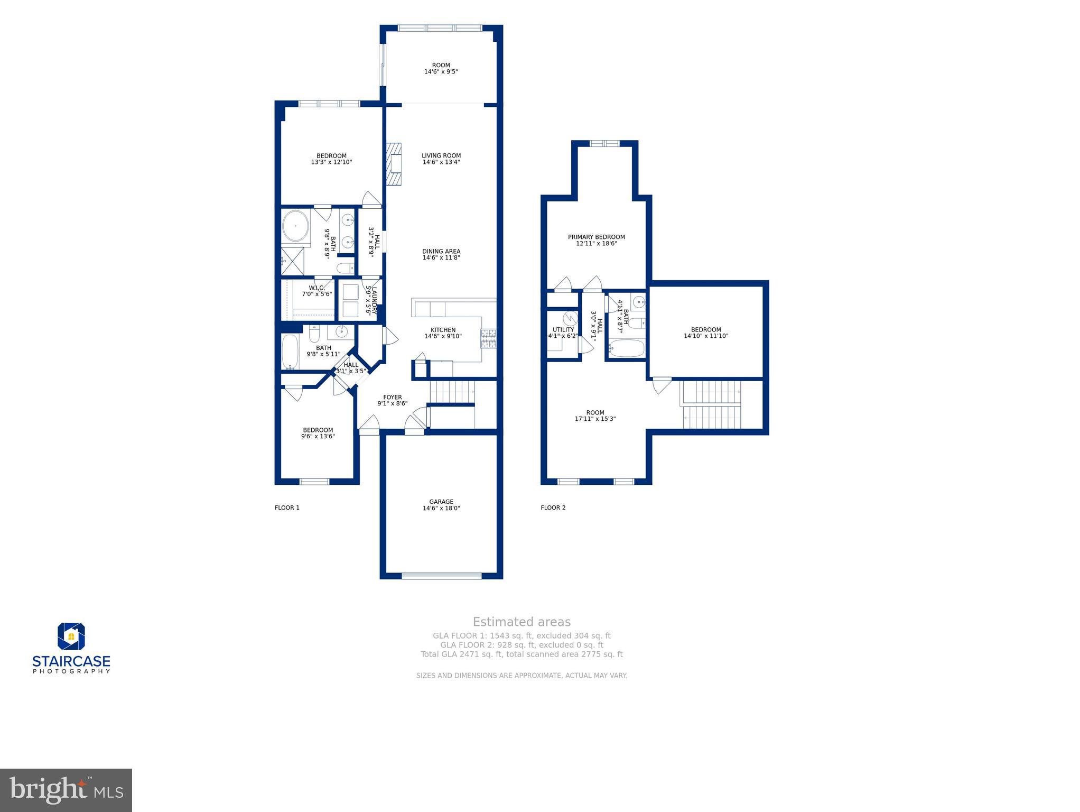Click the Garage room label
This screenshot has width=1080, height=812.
(441, 505)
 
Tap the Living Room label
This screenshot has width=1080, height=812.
(441, 159)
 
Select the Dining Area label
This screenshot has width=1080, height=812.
(441, 254)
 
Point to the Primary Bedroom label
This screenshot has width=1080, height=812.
(596, 240)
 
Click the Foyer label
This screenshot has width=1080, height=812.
(392, 400)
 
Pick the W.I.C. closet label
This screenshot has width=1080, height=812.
(316, 291)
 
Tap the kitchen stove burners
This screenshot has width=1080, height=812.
(488, 338)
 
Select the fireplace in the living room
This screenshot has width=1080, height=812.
(393, 164)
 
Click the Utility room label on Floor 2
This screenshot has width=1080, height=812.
(563, 333)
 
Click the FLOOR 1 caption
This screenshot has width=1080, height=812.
(287, 508)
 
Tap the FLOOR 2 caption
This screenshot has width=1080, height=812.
(553, 508)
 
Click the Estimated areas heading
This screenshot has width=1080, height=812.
(522, 622)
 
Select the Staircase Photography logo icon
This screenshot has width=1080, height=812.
(71, 636)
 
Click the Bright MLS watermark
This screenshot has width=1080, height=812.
(66, 790)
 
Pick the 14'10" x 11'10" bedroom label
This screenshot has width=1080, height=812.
(706, 333)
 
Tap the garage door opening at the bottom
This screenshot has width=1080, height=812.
(441, 576)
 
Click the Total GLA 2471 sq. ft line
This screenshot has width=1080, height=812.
(522, 654)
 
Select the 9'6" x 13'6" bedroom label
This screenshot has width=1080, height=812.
(318, 433)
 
